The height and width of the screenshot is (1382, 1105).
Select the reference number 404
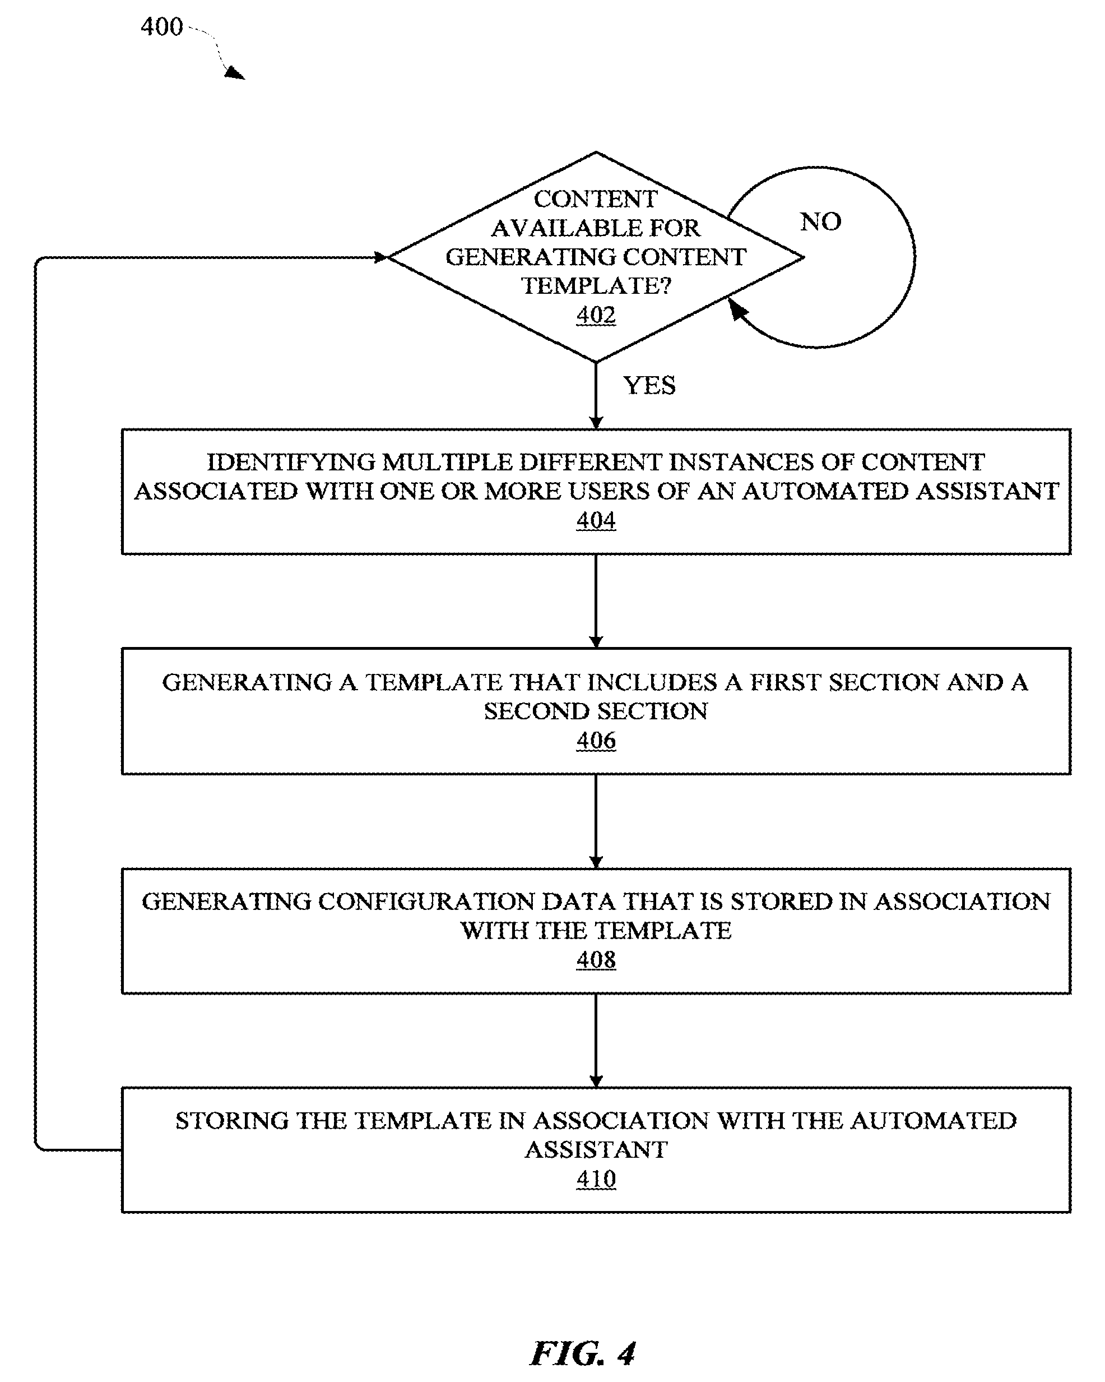click(x=596, y=520)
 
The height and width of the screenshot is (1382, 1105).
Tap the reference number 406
click(x=596, y=741)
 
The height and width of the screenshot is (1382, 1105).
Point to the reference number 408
click(x=596, y=960)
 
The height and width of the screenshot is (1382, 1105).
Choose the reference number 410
click(x=596, y=1179)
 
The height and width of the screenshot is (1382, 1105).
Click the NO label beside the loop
click(x=820, y=222)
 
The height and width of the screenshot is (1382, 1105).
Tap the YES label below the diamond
click(x=649, y=385)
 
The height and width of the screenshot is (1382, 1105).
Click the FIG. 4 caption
click(x=583, y=1353)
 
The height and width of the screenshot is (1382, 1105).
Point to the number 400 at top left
click(x=162, y=27)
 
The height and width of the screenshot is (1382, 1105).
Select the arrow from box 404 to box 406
click(x=596, y=601)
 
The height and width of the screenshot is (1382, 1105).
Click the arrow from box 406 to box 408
click(x=596, y=821)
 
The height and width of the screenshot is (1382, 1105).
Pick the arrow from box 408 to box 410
click(x=596, y=1041)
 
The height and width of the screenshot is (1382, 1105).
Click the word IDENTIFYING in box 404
click(x=291, y=462)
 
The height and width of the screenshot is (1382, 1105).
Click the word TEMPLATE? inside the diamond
click(x=596, y=286)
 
